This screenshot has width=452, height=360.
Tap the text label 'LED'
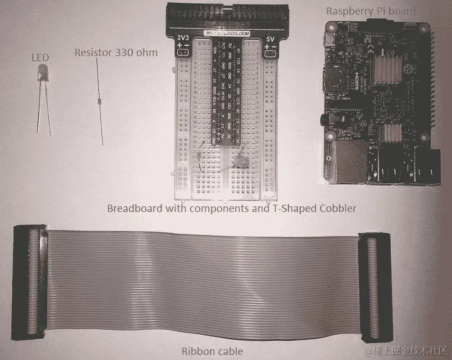[41, 57]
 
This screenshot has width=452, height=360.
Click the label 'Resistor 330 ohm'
[116, 53]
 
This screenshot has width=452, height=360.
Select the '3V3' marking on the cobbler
[183, 39]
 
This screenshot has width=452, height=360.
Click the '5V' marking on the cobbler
[270, 40]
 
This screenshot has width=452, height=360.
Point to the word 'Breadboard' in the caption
[132, 209]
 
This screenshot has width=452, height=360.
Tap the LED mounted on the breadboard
[241, 163]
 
